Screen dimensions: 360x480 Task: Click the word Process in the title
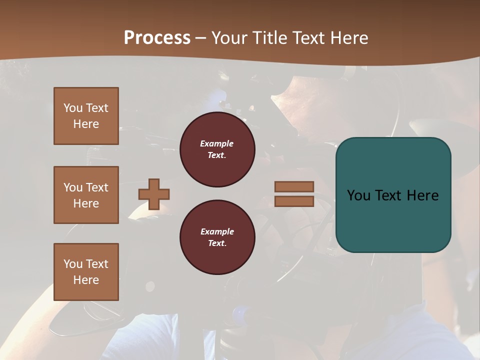(x=157, y=38)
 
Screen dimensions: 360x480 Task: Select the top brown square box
(x=86, y=116)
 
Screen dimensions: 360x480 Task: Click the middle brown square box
(x=86, y=195)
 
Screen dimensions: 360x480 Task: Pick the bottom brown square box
(x=86, y=272)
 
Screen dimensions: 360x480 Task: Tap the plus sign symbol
(x=154, y=194)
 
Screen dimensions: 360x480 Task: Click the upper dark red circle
(x=217, y=149)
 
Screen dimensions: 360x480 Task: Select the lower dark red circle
(x=217, y=237)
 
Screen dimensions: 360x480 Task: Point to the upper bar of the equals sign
(x=294, y=187)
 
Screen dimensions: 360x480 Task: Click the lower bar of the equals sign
(x=294, y=201)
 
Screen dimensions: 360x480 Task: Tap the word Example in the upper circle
(x=217, y=143)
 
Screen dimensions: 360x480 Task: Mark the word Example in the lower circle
(x=217, y=231)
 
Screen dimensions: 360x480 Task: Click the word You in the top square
(x=72, y=108)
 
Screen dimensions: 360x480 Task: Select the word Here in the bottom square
(x=86, y=280)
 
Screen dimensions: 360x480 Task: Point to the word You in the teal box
(x=358, y=195)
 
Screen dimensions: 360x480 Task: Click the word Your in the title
(x=229, y=38)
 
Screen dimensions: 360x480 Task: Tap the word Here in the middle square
(x=86, y=203)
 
